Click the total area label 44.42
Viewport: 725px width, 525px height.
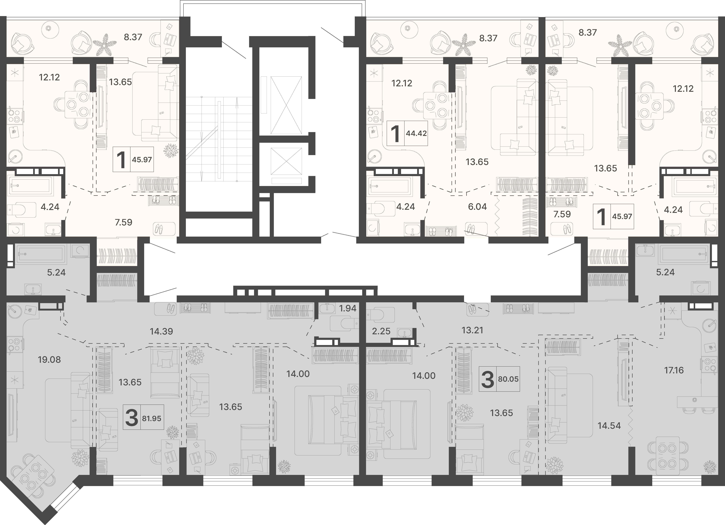416,133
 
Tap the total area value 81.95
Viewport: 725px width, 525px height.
151,418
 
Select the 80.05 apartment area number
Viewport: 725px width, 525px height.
508,379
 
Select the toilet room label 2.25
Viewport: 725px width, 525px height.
381,331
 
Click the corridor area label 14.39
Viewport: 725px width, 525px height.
161,331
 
